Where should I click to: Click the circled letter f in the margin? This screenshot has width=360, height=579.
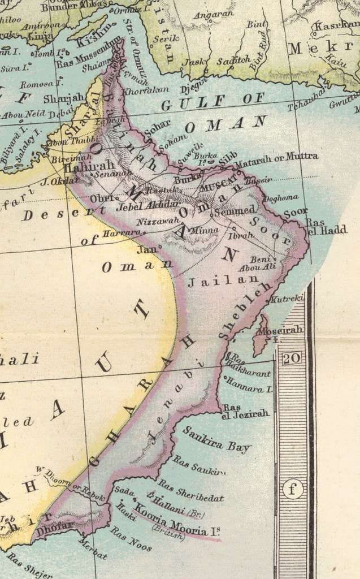click(292, 489)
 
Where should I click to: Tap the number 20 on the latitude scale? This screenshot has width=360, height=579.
click(292, 358)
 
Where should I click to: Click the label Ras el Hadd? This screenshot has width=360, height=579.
click(319, 227)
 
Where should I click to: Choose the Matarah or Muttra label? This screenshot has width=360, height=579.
click(276, 157)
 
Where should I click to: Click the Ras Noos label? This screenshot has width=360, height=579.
click(131, 539)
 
